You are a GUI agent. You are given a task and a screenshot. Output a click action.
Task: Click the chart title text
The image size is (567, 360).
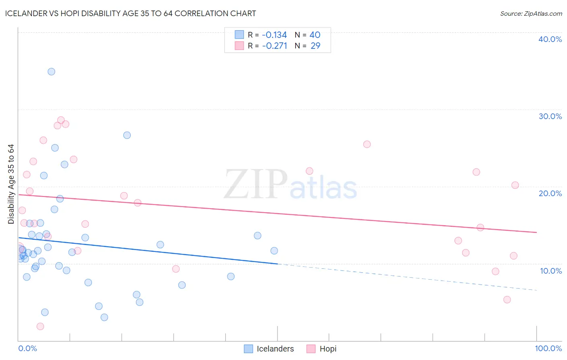[x=130, y=13]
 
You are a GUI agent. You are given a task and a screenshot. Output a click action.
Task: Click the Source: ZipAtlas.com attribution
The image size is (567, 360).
[x=531, y=13]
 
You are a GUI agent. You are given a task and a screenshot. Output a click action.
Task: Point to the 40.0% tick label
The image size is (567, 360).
[x=550, y=39]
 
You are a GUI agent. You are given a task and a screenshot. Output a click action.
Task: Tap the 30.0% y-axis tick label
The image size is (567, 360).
[x=550, y=116]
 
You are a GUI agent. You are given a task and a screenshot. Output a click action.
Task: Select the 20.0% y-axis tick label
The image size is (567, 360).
[x=550, y=193]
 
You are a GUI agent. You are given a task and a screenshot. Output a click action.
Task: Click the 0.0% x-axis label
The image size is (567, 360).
[x=27, y=348]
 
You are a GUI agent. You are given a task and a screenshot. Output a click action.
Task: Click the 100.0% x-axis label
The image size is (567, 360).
[x=548, y=348]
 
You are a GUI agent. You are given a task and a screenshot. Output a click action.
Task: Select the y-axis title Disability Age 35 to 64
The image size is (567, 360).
[x=11, y=184]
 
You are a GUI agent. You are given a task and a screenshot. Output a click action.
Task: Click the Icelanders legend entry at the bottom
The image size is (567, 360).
[x=269, y=349]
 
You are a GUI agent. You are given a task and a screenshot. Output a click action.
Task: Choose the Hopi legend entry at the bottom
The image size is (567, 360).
[x=322, y=349]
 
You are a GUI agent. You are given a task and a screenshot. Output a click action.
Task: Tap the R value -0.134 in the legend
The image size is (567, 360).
[x=274, y=35]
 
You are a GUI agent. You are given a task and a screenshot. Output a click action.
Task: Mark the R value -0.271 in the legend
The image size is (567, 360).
[x=274, y=46]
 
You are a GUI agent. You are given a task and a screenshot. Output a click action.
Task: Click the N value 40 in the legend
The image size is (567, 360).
[x=315, y=35]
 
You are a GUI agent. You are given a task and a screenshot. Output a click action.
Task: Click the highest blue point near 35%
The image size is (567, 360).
[x=51, y=71]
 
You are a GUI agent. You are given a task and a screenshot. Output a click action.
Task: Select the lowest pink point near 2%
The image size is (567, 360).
[x=40, y=326]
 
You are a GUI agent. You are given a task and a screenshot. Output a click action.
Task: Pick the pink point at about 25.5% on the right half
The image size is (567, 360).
[x=367, y=144]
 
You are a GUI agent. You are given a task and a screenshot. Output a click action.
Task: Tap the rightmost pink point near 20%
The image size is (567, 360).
[x=515, y=185]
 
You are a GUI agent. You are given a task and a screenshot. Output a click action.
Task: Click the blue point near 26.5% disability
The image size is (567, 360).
[x=127, y=135]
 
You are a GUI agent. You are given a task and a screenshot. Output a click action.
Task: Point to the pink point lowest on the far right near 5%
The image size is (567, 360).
[x=507, y=299]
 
